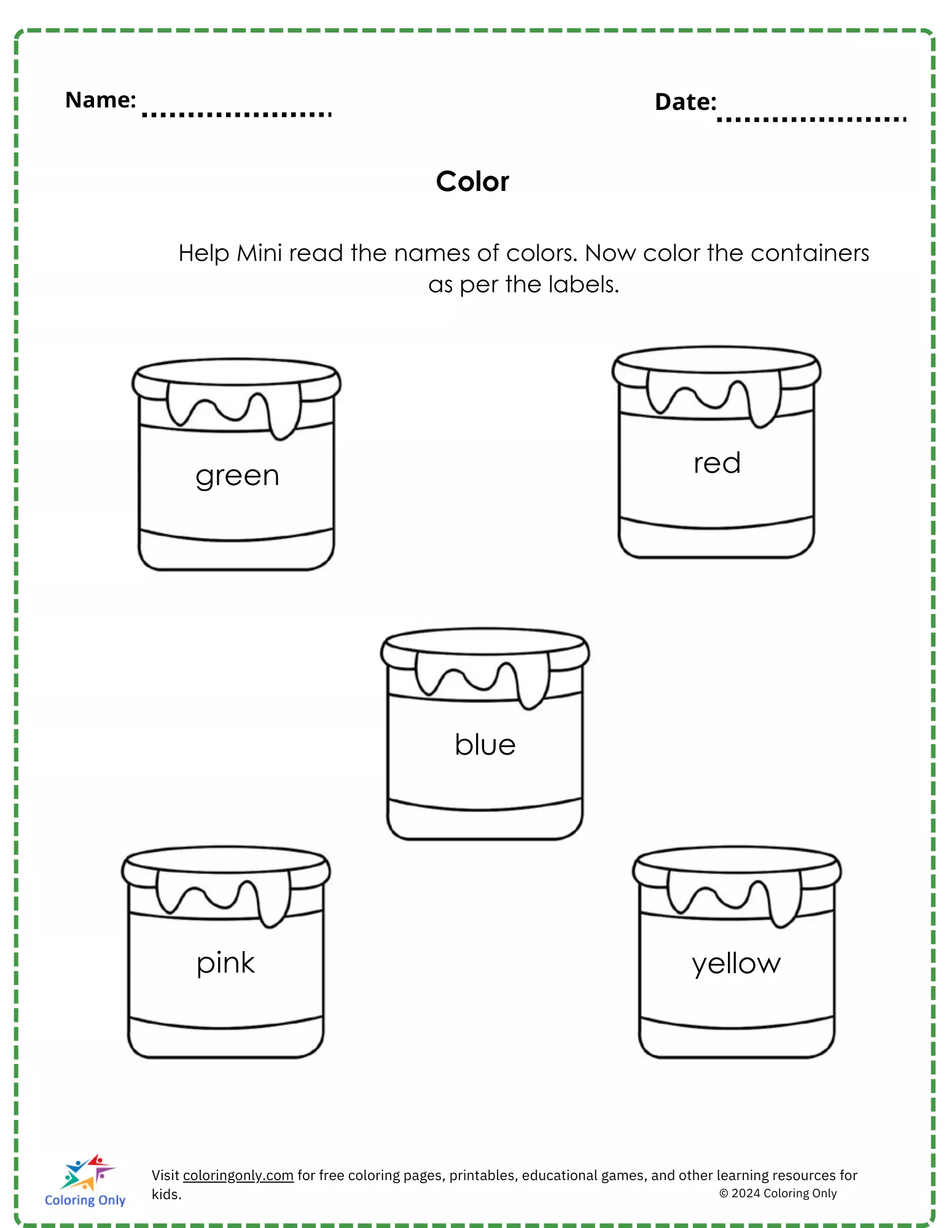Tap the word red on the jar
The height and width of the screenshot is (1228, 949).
(x=717, y=463)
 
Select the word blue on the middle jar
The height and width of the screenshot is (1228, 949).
(x=485, y=744)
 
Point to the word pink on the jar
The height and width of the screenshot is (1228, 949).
(x=225, y=963)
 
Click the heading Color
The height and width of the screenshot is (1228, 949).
(x=472, y=181)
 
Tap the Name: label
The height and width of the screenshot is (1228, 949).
(x=101, y=99)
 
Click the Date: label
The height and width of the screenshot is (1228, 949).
(x=685, y=102)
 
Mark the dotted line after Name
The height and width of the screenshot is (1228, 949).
(x=237, y=114)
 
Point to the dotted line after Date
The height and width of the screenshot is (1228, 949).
(x=811, y=119)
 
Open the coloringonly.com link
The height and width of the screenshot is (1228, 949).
(x=238, y=1175)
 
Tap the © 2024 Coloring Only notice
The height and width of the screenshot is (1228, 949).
(x=778, y=1193)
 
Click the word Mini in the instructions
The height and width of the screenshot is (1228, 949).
(x=260, y=253)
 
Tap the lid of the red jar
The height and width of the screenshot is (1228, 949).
(x=716, y=366)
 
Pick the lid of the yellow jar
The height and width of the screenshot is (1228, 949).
(x=737, y=866)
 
